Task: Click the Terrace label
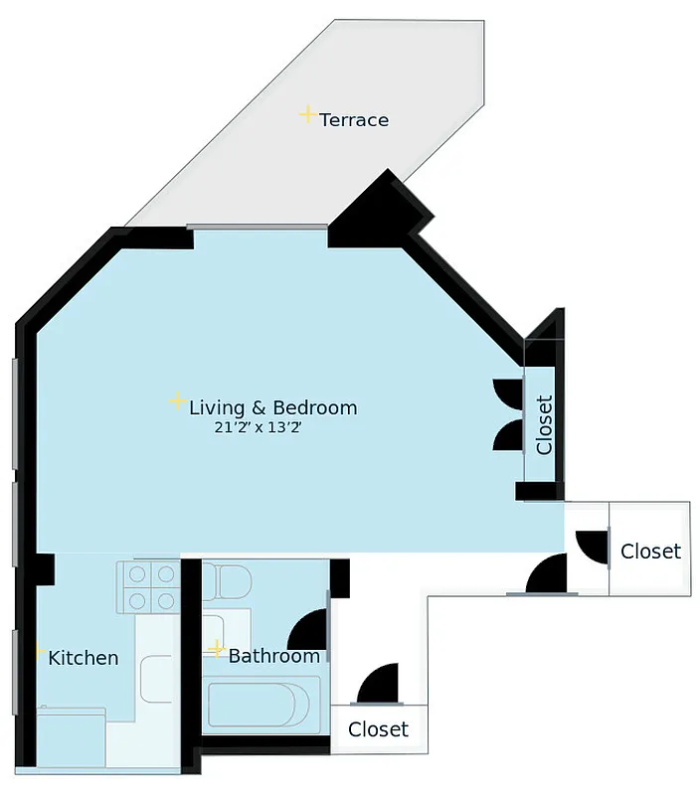click(354, 120)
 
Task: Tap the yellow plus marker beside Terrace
click(308, 114)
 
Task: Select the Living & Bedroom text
click(272, 407)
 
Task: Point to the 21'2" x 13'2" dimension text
click(257, 428)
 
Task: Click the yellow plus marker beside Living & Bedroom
click(177, 401)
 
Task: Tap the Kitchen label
click(84, 658)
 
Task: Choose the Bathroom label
click(274, 656)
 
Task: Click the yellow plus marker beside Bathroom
click(217, 650)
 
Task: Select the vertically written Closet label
click(544, 424)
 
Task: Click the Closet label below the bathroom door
click(378, 729)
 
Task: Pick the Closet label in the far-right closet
click(650, 551)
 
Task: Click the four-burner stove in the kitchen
click(147, 587)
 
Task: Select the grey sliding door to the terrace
click(260, 227)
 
